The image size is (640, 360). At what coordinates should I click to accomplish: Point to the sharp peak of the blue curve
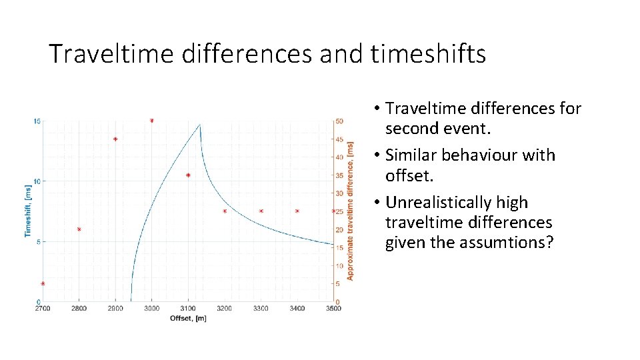[200, 125]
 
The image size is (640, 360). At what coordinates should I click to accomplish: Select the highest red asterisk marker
[152, 121]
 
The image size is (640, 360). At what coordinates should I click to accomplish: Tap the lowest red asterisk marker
[43, 284]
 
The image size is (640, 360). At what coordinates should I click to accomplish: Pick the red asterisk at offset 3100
[188, 175]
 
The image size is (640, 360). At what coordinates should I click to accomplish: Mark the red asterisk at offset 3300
[261, 211]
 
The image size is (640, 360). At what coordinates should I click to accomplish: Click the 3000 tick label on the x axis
[152, 309]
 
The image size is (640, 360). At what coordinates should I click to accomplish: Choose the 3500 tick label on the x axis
[333, 309]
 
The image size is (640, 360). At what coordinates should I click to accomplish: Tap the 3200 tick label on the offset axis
[225, 309]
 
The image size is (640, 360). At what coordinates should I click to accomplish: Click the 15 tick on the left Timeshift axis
[37, 121]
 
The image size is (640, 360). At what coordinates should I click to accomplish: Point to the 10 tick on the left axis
[37, 181]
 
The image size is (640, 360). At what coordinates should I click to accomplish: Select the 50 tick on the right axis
[340, 121]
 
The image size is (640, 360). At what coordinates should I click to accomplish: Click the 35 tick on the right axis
[340, 175]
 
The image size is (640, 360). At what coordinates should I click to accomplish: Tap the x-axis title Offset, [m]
[188, 318]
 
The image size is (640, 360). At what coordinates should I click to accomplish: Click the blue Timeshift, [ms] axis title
[28, 211]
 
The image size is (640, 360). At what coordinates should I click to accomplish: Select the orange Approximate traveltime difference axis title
[351, 211]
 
